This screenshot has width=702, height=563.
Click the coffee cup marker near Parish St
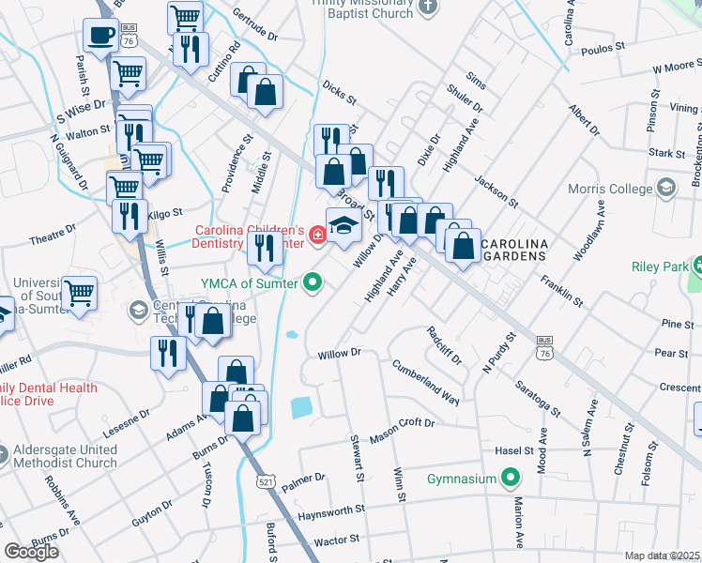(100, 37)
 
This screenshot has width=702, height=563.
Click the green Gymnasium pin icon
(510, 479)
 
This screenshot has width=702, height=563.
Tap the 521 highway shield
(266, 481)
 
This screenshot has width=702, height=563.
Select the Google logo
(31, 552)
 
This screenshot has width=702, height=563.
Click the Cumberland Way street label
(425, 382)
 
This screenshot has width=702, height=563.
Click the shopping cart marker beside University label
(80, 293)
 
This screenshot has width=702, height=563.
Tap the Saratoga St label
(537, 399)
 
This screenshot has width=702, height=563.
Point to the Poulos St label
(603, 48)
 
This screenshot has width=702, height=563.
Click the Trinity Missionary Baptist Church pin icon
(428, 8)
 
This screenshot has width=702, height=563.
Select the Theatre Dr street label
(52, 235)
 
